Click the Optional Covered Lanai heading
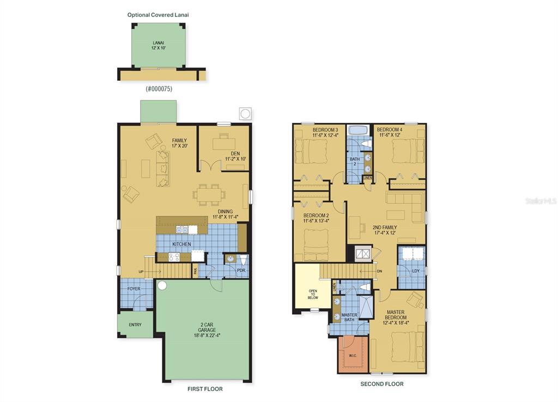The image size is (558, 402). click(x=158, y=15)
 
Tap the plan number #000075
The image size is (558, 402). click(x=159, y=89)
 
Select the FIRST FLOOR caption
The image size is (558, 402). click(x=205, y=389)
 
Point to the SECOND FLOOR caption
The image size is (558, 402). click(x=382, y=384)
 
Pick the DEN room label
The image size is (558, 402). click(x=235, y=153)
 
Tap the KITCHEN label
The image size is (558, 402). click(x=182, y=244)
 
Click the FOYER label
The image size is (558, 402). click(x=134, y=289)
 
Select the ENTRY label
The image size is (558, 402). click(x=135, y=325)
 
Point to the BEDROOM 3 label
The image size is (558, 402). click(x=325, y=130)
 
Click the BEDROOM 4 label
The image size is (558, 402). click(x=390, y=130)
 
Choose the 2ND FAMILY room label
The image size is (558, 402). click(x=385, y=227)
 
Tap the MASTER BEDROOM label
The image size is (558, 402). click(x=396, y=314)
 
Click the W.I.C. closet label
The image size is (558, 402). click(x=353, y=356)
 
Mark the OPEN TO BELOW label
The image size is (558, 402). click(x=313, y=294)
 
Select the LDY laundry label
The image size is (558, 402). click(x=416, y=271)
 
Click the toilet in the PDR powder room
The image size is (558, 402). click(x=244, y=260)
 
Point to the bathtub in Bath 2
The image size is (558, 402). click(x=359, y=130)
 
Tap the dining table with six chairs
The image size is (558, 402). click(x=209, y=195)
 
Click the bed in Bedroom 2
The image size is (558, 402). click(x=316, y=245)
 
